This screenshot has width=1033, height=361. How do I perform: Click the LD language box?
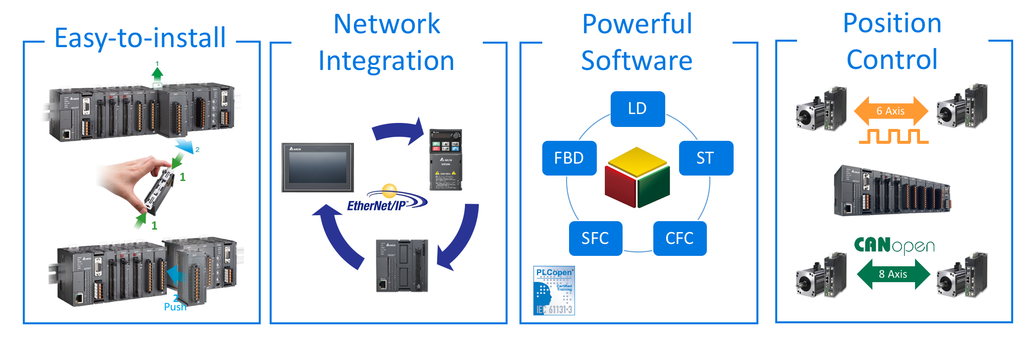[637, 109]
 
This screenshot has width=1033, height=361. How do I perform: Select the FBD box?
[569, 158]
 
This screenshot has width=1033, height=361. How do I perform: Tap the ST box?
[705, 158]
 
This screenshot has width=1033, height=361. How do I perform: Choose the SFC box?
[595, 239]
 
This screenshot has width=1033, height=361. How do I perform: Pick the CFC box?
[680, 239]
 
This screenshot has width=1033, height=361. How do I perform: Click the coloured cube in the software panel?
[637, 177]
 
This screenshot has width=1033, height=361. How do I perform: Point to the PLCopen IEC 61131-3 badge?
[554, 291]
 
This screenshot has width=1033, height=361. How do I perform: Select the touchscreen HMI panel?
[318, 168]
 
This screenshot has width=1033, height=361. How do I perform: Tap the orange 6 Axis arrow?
[891, 111]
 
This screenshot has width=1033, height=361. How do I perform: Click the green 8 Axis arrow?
[893, 274]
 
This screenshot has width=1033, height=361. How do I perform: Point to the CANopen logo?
[894, 245]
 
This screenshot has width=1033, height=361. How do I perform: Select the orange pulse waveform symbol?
[894, 136]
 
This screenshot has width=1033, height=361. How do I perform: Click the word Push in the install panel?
[175, 307]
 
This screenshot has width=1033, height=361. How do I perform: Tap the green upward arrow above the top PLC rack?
[157, 74]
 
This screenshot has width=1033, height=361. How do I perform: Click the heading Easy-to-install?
[140, 38]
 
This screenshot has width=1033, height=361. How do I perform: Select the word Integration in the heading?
[386, 61]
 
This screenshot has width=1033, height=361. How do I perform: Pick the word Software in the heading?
[636, 61]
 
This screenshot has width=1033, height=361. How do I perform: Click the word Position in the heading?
[892, 23]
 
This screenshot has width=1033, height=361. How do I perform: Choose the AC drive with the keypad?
[446, 160]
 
